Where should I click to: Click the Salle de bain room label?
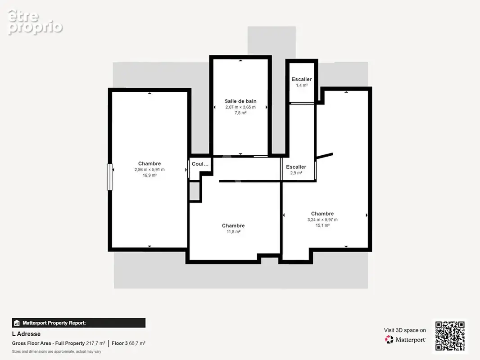click(x=240, y=101)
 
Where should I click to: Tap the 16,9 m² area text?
click(x=149, y=175)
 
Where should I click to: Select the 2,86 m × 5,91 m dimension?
click(x=149, y=170)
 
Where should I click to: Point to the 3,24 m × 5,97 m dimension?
click(x=323, y=220)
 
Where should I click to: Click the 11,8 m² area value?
click(x=233, y=232)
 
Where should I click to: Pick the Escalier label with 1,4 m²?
click(x=302, y=79)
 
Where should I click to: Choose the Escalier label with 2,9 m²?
click(x=296, y=166)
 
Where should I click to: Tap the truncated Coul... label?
click(x=200, y=164)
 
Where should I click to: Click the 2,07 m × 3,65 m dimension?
click(x=240, y=108)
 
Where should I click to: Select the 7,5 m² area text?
click(x=240, y=113)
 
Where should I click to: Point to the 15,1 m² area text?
click(x=323, y=225)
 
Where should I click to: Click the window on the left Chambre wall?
click(x=110, y=177)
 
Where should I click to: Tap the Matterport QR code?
click(x=450, y=336)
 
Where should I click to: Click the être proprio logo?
click(x=35, y=22)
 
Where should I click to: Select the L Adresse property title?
click(x=26, y=334)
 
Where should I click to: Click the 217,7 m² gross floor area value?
click(x=95, y=343)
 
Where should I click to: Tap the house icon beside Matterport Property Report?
click(x=17, y=323)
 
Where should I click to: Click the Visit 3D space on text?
click(x=405, y=330)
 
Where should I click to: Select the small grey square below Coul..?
click(x=195, y=192)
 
